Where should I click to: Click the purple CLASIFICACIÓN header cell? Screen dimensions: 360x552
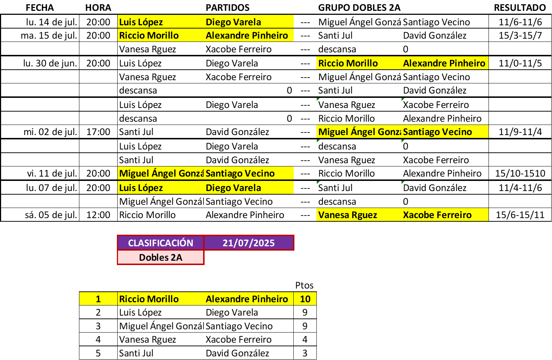pyautogui.click(x=161, y=243)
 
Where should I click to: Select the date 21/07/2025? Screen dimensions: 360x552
pyautogui.click(x=249, y=243)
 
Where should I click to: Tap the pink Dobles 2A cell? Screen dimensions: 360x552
pyautogui.click(x=161, y=257)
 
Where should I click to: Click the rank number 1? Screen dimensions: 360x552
pyautogui.click(x=98, y=299)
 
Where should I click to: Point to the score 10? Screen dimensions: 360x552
pyautogui.click(x=305, y=299)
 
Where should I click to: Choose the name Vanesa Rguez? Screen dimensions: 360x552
pyautogui.click(x=347, y=215)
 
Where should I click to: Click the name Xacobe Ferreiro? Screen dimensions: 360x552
pyautogui.click(x=437, y=215)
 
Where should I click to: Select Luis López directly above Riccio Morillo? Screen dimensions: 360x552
pyautogui.click(x=141, y=22)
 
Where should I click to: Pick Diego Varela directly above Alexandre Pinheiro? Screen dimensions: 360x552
pyautogui.click(x=233, y=22)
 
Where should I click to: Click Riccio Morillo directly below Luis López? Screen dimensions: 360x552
pyautogui.click(x=149, y=35)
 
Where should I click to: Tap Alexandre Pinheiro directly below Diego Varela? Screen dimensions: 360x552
pyautogui.click(x=247, y=35)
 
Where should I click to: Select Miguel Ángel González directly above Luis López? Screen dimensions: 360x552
pyautogui.click(x=161, y=173)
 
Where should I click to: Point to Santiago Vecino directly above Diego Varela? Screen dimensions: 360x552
pyautogui.click(x=240, y=173)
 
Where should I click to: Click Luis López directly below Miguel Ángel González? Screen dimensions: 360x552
pyautogui.click(x=141, y=188)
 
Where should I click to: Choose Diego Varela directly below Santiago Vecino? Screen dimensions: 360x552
pyautogui.click(x=233, y=188)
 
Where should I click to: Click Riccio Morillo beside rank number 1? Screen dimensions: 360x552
pyautogui.click(x=149, y=299)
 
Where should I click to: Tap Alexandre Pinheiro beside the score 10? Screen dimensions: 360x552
pyautogui.click(x=247, y=299)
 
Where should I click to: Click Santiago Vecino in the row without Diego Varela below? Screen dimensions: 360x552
pyautogui.click(x=437, y=132)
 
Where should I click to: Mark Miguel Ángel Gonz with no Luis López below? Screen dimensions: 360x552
pyautogui.click(x=359, y=132)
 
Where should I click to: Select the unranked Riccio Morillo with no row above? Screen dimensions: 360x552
pyautogui.click(x=348, y=63)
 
